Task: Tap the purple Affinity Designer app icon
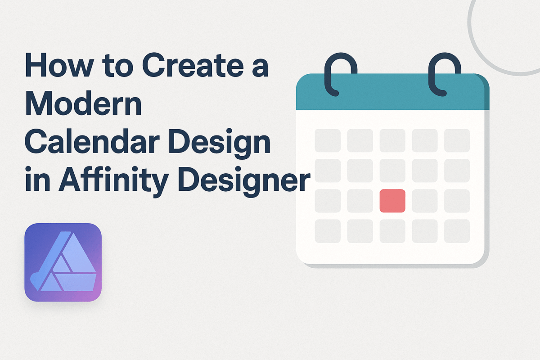[x=63, y=262]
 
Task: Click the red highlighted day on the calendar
[x=392, y=201]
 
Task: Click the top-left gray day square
[x=327, y=140]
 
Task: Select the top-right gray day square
[x=457, y=140]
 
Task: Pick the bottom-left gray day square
[x=327, y=231]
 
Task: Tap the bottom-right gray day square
[x=457, y=231]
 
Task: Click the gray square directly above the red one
[x=392, y=171]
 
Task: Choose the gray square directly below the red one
[x=392, y=231]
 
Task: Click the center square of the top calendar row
[x=392, y=140]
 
